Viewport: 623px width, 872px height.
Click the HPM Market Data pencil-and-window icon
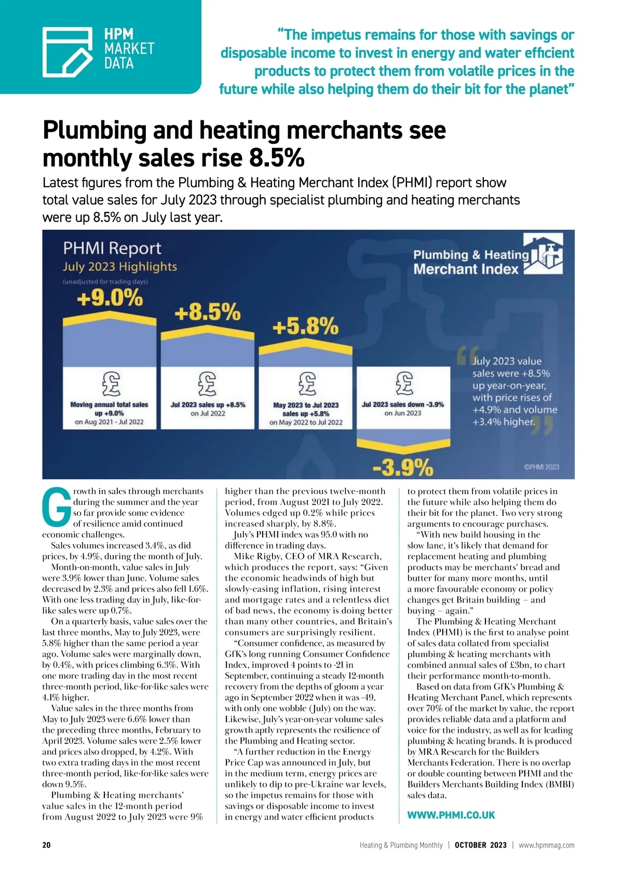tap(67, 51)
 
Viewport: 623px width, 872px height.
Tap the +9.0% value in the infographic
tap(110, 298)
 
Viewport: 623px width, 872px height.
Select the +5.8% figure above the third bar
tap(305, 327)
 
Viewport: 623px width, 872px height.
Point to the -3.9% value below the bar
tap(403, 468)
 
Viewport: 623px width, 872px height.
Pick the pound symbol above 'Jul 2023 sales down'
tap(403, 383)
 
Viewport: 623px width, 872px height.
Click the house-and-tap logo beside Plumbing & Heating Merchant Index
tap(543, 254)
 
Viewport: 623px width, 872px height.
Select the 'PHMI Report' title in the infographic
tap(112, 248)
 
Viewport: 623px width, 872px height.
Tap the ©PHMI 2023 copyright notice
tap(541, 467)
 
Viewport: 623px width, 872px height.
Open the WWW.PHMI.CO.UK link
tap(451, 815)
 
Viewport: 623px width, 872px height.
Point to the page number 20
tap(47, 845)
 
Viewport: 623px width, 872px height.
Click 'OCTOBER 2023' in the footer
tap(480, 845)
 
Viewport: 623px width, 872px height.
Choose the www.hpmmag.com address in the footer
tap(546, 845)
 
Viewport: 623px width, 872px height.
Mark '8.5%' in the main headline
tap(277, 158)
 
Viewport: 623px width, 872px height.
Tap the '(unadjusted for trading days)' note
tap(105, 282)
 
